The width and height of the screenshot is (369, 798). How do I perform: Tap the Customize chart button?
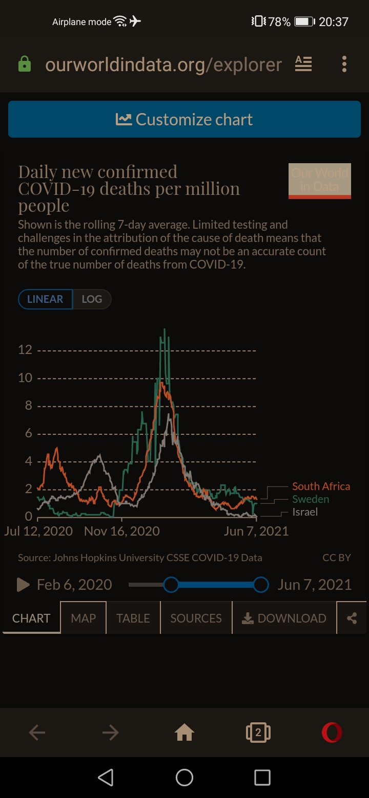click(184, 119)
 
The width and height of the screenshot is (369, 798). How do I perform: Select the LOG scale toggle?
click(92, 299)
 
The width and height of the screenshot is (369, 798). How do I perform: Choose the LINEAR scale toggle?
click(45, 299)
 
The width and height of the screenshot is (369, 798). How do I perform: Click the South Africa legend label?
click(321, 486)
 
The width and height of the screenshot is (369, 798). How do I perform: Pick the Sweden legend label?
click(311, 499)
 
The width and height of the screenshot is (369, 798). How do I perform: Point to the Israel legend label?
click(305, 512)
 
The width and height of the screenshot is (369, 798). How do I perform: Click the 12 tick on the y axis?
click(25, 350)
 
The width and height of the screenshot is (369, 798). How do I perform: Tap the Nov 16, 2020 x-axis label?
click(122, 531)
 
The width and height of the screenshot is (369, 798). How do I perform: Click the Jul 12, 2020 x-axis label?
click(38, 531)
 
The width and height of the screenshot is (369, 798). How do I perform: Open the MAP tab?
click(84, 618)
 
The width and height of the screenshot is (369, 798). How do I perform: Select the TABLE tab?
click(133, 618)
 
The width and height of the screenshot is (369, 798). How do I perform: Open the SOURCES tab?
click(196, 618)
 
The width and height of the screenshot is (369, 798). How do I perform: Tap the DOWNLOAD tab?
click(284, 618)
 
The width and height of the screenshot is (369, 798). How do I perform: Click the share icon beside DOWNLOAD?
click(352, 618)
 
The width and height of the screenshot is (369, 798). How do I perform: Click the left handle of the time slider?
click(171, 584)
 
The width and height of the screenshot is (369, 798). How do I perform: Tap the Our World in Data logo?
click(320, 181)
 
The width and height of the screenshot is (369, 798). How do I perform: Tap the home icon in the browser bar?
click(184, 733)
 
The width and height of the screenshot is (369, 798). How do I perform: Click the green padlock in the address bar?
click(25, 64)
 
